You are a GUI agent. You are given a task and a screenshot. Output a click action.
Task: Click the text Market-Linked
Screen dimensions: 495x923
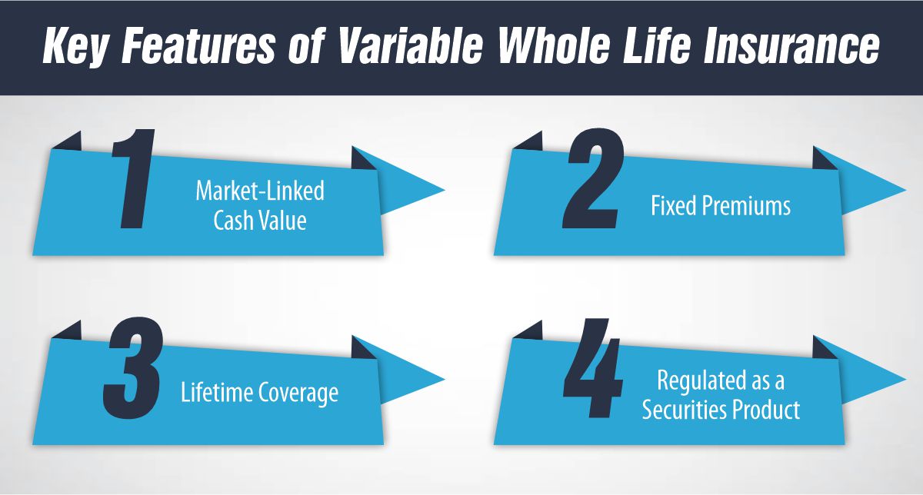point(259,191)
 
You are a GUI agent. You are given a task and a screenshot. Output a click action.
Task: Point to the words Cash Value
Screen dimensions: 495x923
point(260,221)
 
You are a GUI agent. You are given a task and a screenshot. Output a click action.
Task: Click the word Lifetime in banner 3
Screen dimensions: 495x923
point(215,393)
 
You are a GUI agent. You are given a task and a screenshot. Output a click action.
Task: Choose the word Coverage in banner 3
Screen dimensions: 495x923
point(295,393)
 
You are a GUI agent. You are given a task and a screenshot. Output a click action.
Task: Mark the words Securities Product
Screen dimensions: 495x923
point(721,410)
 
